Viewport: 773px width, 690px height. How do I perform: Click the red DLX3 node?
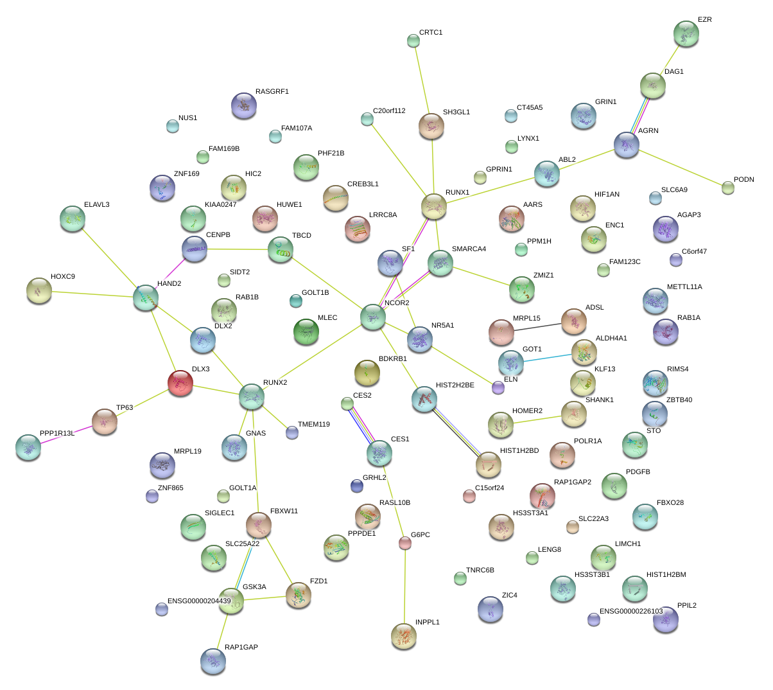[180, 383]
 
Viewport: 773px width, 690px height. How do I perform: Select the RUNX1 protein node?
[434, 206]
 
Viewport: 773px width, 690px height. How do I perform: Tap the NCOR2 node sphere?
[373, 317]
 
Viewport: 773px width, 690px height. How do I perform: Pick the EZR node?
[686, 33]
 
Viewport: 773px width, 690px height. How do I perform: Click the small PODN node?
[727, 188]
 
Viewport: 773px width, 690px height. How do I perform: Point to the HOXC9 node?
[39, 290]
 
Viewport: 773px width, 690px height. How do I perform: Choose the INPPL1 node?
[403, 636]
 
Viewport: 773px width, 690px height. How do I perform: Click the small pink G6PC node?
[404, 543]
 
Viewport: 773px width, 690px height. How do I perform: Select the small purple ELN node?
[498, 387]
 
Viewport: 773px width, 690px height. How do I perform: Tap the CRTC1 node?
[413, 41]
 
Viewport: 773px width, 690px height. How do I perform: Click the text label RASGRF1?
[272, 92]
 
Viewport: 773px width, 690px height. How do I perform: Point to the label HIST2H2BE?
[455, 385]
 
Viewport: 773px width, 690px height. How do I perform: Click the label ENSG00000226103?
[630, 612]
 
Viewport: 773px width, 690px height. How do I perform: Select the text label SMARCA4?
[469, 249]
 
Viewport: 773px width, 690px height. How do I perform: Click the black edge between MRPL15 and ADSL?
[537, 327]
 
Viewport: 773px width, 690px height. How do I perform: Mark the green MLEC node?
[306, 332]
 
